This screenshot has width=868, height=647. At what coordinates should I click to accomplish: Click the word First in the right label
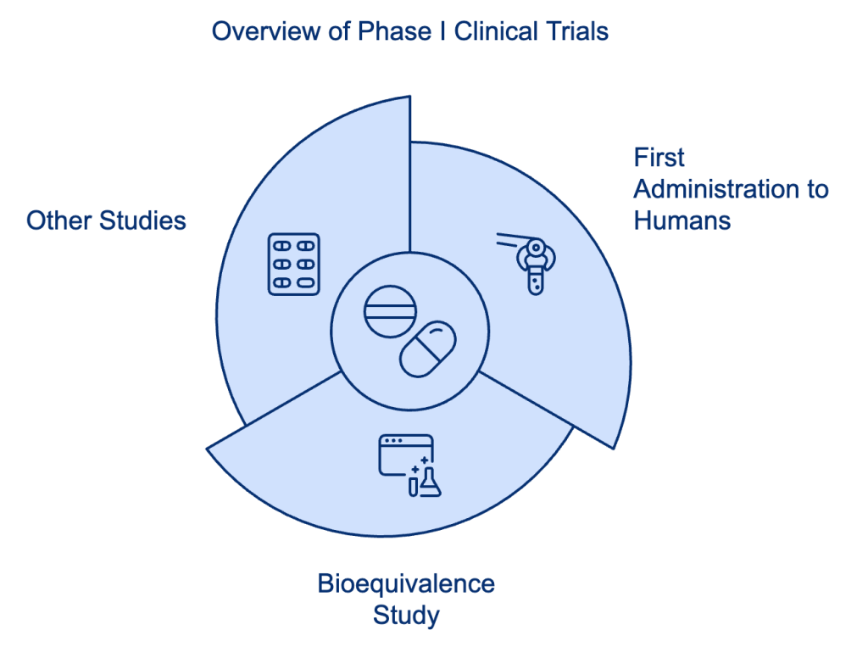[659, 158]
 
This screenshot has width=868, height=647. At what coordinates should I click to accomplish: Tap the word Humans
[682, 220]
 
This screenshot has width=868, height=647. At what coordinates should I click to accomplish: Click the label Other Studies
[106, 221]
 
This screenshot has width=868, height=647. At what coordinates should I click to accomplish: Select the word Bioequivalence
[405, 583]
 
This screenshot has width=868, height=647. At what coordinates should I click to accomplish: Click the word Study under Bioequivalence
[406, 615]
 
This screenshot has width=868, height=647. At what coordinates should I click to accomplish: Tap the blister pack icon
[293, 264]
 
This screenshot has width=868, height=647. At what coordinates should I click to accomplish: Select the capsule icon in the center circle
[428, 348]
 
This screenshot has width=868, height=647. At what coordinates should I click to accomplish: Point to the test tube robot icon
[531, 263]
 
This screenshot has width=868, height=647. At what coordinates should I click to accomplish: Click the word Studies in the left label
[142, 221]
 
